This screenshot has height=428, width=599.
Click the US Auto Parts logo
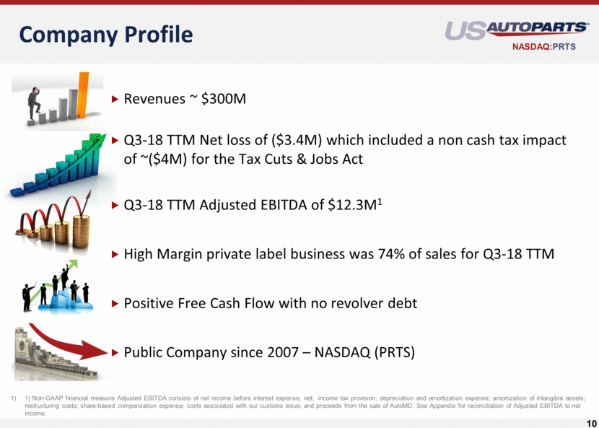click(517, 30)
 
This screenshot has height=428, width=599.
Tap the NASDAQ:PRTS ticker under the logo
click(544, 47)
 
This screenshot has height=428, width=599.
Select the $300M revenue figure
click(224, 99)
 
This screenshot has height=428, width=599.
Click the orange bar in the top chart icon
click(83, 95)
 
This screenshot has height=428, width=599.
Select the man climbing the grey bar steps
click(35, 102)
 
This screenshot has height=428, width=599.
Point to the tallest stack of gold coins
click(82, 231)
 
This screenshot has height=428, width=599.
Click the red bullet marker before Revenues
click(115, 100)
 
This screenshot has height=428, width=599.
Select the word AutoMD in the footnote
click(402, 406)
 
